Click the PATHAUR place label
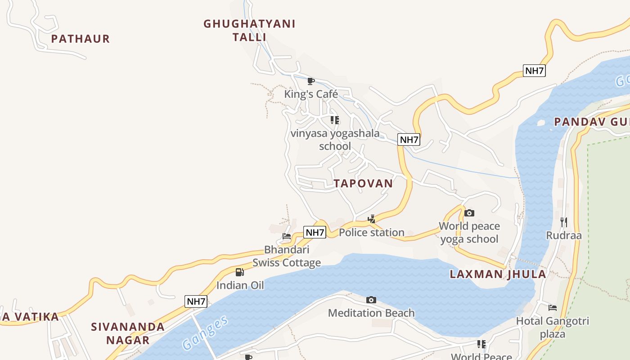[80, 39]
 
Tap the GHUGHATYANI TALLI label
[249, 30]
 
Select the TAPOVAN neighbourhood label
[363, 183]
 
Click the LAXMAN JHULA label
[498, 274]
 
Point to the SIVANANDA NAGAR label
[128, 333]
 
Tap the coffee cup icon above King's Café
[310, 81]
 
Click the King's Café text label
[311, 94]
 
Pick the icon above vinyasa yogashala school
[334, 120]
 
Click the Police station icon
[371, 219]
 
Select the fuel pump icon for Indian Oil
[240, 272]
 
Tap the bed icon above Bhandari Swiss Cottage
[287, 236]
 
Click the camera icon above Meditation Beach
[371, 300]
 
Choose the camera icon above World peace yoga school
[469, 213]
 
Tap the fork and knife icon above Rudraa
[563, 222]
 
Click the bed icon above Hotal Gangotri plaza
[553, 308]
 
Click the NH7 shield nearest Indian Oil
[196, 301]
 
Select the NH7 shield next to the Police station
[315, 232]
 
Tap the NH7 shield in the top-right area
[534, 71]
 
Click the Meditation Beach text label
[371, 313]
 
